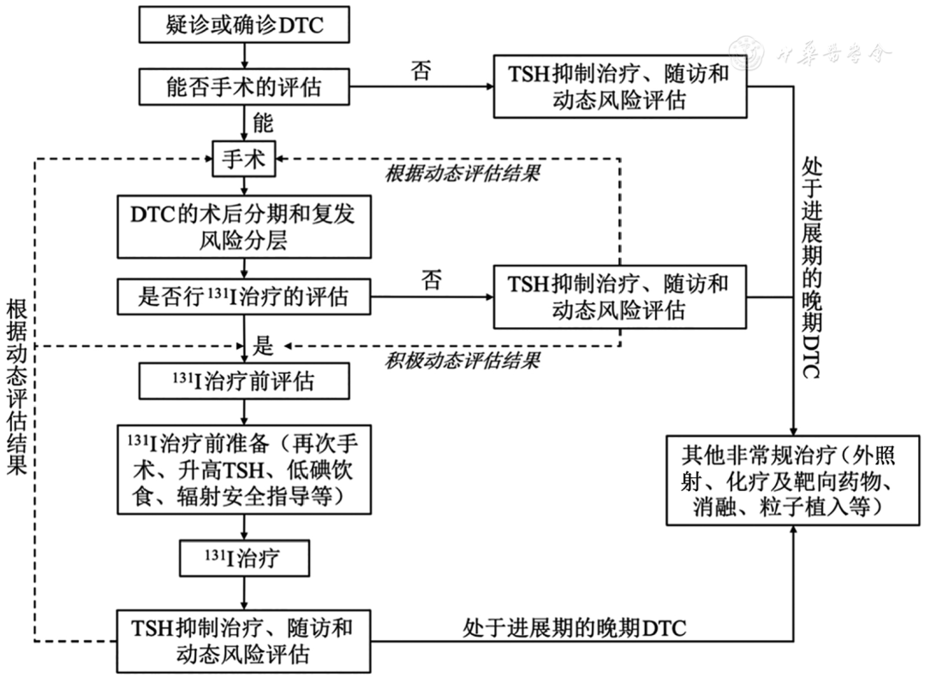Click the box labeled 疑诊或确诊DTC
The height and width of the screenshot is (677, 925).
tap(245, 26)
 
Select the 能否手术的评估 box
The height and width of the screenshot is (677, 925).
tap(245, 86)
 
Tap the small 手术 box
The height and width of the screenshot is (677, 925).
tap(245, 159)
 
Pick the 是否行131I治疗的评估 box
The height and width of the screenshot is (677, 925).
tap(245, 297)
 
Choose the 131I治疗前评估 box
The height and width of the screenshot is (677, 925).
tap(245, 380)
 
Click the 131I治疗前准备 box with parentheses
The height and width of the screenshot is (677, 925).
tap(245, 469)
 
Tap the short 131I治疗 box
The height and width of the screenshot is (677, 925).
tap(245, 559)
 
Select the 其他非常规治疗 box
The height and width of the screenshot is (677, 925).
tap(797, 480)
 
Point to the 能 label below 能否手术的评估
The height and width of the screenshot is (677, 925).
tap(262, 123)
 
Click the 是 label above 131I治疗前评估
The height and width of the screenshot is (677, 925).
tap(263, 345)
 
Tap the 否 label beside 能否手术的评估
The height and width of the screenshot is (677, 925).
tap(421, 70)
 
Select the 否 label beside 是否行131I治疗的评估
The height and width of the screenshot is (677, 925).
tap(432, 280)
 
